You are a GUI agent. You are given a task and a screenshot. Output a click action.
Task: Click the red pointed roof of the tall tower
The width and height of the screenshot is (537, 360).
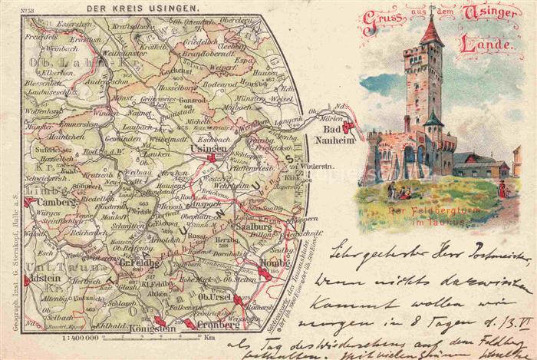(430, 32)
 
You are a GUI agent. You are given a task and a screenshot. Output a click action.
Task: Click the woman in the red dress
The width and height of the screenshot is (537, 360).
(502, 188)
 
